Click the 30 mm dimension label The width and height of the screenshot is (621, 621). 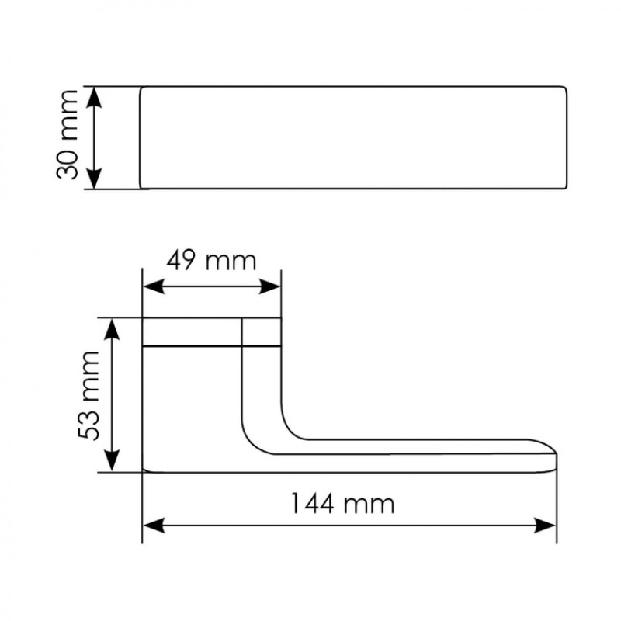(68, 135)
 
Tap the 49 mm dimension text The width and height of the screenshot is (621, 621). (211, 261)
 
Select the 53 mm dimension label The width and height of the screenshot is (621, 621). (88, 395)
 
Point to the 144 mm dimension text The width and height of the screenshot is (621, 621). (342, 504)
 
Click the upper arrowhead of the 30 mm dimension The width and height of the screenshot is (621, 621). (94, 98)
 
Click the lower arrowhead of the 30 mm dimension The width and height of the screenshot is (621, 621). (94, 179)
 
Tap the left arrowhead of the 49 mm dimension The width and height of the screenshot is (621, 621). (153, 286)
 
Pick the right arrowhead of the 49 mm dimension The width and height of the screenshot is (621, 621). (269, 286)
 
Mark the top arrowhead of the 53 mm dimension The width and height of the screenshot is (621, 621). (112, 329)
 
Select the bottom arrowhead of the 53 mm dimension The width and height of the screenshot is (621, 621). (112, 460)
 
